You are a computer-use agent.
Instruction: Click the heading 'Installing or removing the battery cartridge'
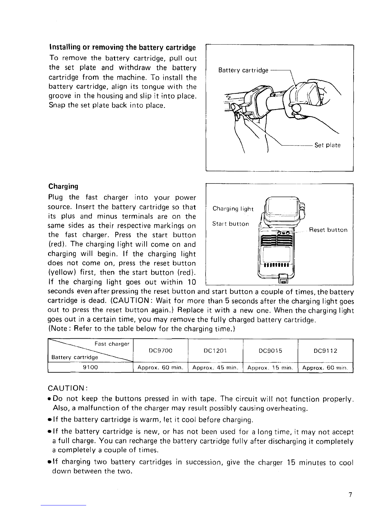tap(122, 48)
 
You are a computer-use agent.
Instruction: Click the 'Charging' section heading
tap(63, 186)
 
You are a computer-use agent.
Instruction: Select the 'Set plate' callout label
tap(327, 145)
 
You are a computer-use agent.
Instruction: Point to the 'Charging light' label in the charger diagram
tap(233, 209)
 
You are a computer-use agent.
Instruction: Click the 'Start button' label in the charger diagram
tap(231, 224)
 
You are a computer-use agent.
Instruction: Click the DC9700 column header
tap(161, 351)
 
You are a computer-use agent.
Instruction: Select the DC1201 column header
tap(215, 351)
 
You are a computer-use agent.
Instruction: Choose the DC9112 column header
tap(325, 351)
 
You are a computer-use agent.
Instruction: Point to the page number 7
tap(351, 495)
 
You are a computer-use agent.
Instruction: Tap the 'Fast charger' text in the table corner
tap(112, 344)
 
